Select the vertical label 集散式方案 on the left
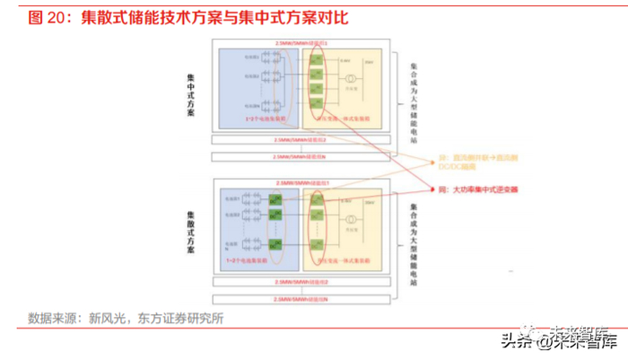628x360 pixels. pos(190,232)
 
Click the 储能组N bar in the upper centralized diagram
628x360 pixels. pos(301,155)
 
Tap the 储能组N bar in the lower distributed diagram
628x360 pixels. pos(301,296)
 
